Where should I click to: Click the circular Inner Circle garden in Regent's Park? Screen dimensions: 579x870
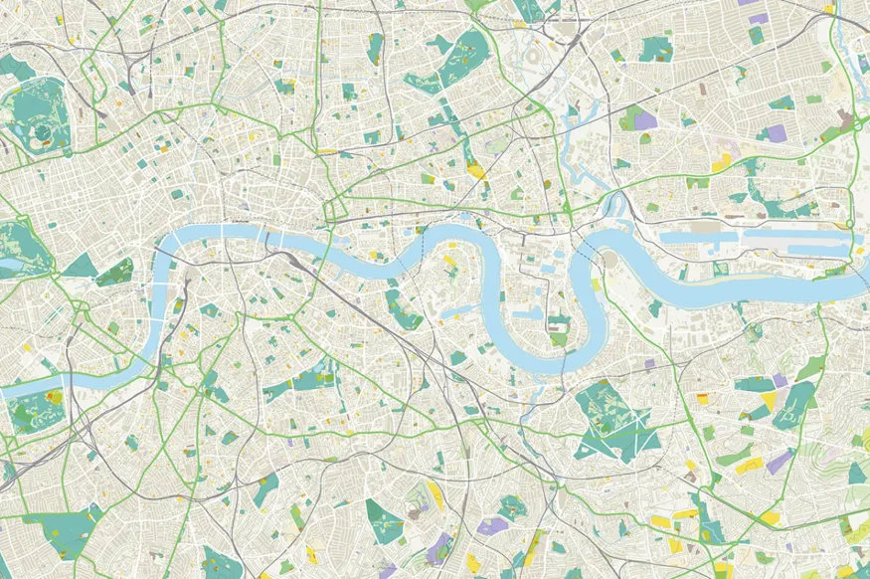pos(42,131)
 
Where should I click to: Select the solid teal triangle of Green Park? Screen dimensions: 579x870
pos(83,267)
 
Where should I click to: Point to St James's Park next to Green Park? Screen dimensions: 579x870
pos(115,270)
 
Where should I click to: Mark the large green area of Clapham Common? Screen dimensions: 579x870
pos(60,527)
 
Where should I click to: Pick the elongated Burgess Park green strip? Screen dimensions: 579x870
pos(298,382)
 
